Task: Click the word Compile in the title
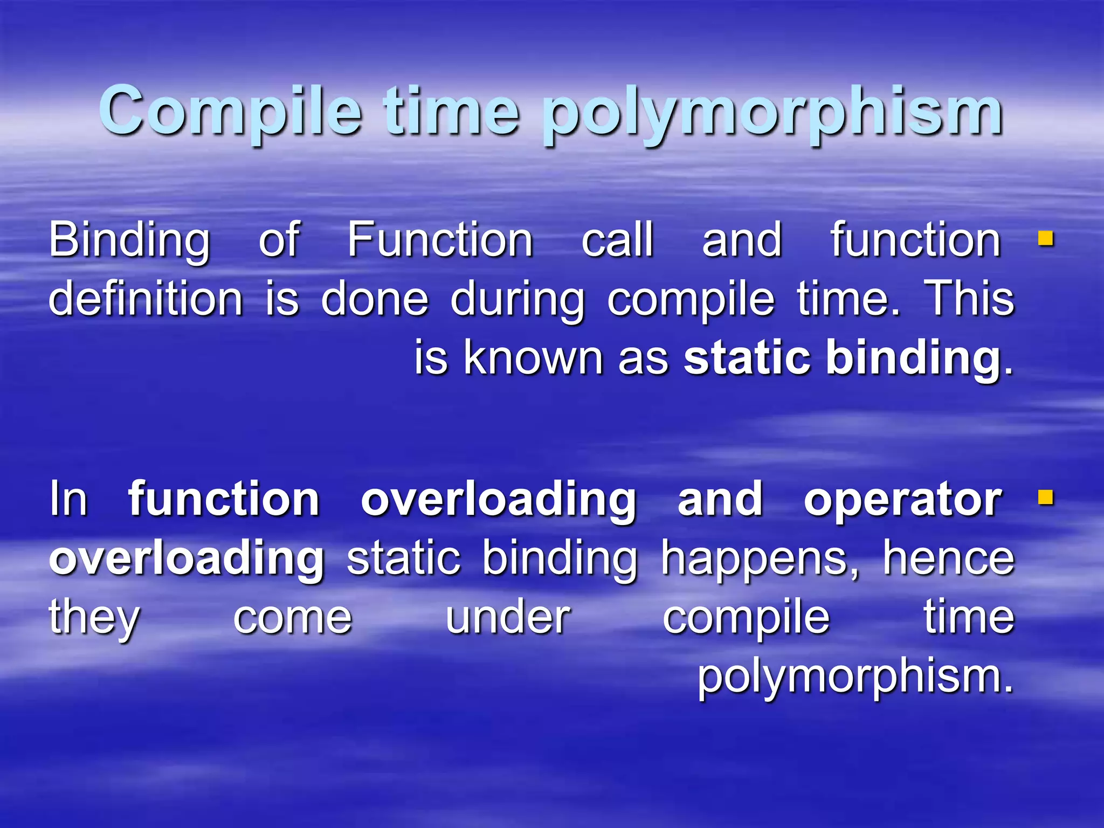(x=230, y=112)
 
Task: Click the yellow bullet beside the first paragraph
(x=1046, y=238)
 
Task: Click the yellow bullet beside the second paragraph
(x=1046, y=497)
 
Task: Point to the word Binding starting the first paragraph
(x=129, y=240)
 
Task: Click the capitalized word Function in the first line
(x=440, y=240)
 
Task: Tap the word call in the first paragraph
(x=618, y=240)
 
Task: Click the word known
(x=533, y=358)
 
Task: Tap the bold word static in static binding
(x=747, y=358)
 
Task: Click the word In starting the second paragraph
(x=68, y=499)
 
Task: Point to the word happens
(x=761, y=560)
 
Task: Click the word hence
(x=949, y=558)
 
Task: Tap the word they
(x=95, y=618)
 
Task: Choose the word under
(x=508, y=618)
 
